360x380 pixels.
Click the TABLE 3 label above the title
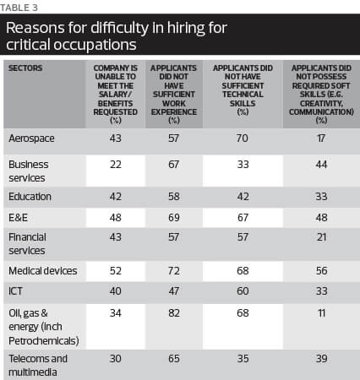[x=19, y=8]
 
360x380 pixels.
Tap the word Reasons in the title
[x=35, y=28]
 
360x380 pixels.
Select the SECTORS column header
[x=25, y=68]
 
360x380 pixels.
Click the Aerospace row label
[x=31, y=138]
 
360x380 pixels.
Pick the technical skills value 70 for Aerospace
[x=243, y=138]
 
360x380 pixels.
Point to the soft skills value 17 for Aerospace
[x=321, y=138]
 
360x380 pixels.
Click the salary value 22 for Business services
[x=116, y=165]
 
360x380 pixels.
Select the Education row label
[x=30, y=197]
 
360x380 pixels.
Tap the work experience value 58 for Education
[x=174, y=197]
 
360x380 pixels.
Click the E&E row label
[x=18, y=218]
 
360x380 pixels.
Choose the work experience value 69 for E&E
[x=174, y=218]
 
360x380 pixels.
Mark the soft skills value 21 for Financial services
[x=321, y=237]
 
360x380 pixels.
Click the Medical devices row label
[x=43, y=271]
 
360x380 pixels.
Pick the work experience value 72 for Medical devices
[x=174, y=271]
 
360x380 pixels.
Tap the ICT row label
[x=15, y=291]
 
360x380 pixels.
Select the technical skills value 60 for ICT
[x=243, y=291]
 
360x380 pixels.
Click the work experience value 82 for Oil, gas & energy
[x=174, y=313]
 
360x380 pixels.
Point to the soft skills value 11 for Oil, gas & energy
[x=321, y=313]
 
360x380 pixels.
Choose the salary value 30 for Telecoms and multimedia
[x=116, y=359]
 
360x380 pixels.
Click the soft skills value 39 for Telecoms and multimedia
[x=321, y=359]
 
